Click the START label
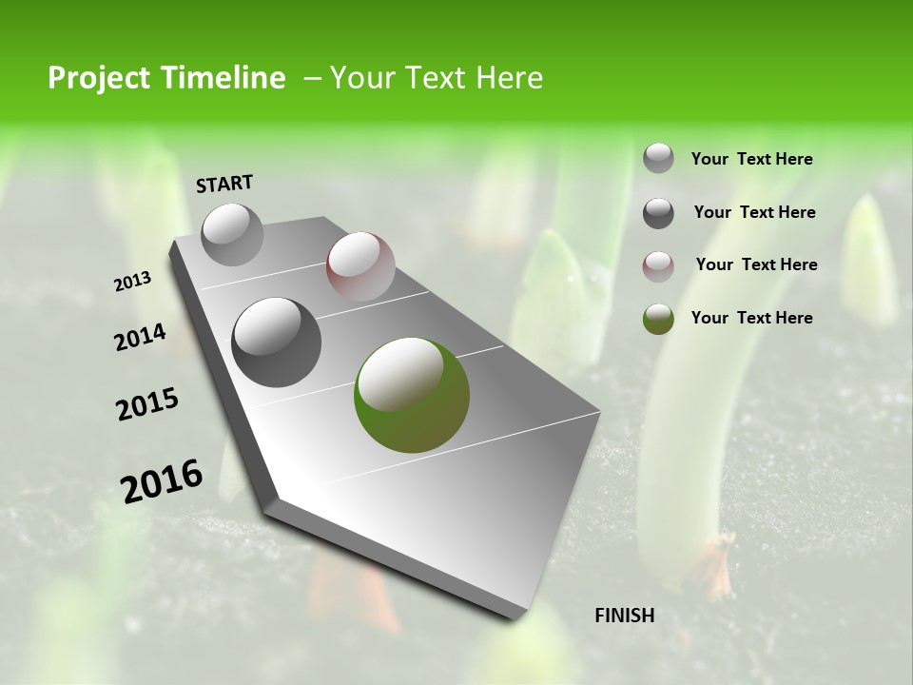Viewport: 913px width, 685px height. click(224, 184)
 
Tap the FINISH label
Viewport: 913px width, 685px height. click(625, 616)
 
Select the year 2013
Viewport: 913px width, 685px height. click(133, 282)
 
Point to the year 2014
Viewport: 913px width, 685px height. click(141, 338)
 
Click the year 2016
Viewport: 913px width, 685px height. click(162, 480)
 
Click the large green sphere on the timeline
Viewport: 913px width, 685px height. click(412, 395)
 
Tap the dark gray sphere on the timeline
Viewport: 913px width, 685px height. click(276, 342)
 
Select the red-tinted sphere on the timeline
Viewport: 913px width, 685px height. click(360, 266)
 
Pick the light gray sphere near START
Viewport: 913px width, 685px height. click(232, 234)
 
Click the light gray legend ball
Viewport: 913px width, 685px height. click(658, 159)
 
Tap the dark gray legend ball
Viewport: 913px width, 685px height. click(658, 213)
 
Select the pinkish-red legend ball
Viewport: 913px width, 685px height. click(658, 266)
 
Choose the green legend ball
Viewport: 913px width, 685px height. click(658, 319)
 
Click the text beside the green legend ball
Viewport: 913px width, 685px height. click(751, 318)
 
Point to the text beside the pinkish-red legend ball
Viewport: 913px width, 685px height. click(756, 264)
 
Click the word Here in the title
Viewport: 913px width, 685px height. click(509, 78)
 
